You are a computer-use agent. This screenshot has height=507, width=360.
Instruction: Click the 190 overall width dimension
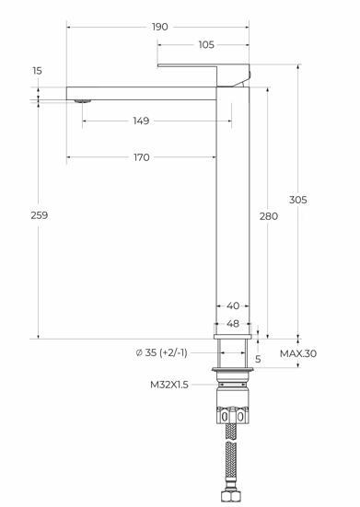coord(160,27)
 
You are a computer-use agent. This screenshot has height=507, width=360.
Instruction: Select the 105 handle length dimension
coord(206,44)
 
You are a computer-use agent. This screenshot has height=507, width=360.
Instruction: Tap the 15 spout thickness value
coord(37,71)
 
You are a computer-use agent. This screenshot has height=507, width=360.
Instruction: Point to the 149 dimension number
coord(142,121)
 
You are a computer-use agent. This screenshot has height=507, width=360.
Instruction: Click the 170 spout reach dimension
coord(142,157)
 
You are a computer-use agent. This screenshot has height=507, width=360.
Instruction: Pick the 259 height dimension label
coord(40,215)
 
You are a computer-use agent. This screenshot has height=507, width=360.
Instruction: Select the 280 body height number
coord(269,216)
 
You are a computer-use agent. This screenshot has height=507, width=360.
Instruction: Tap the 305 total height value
coord(298,200)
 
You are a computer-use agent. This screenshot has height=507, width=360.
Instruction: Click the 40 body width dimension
coord(233,305)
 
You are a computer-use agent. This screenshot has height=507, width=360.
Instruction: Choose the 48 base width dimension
coord(233,323)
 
